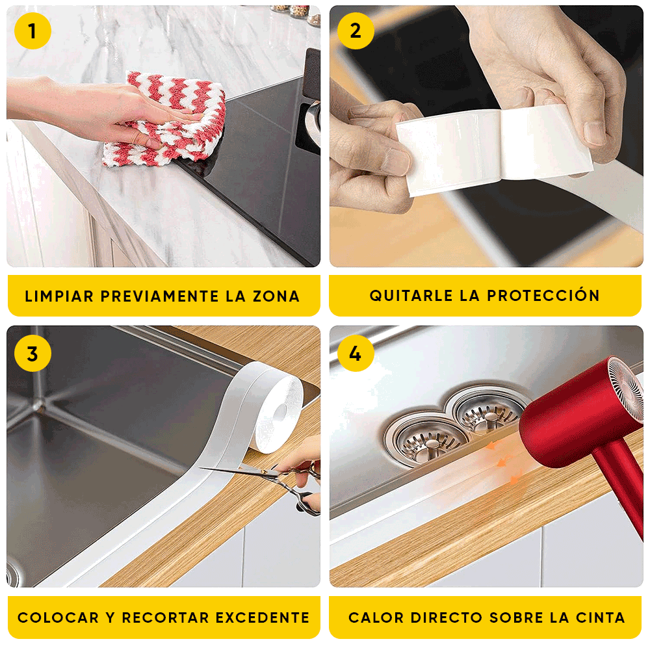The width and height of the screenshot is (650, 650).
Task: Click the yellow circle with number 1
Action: pyautogui.click(x=32, y=31)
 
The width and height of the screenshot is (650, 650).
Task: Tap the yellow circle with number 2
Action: pyautogui.click(x=356, y=31)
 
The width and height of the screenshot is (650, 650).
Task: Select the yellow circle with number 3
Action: pyautogui.click(x=32, y=354)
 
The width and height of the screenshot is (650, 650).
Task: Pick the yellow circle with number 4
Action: pyautogui.click(x=356, y=354)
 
